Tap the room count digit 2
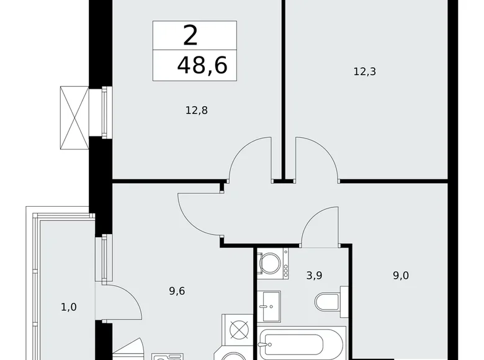190,35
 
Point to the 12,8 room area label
195,110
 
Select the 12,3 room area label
365,71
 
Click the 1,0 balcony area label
69,305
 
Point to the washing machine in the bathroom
271,263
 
